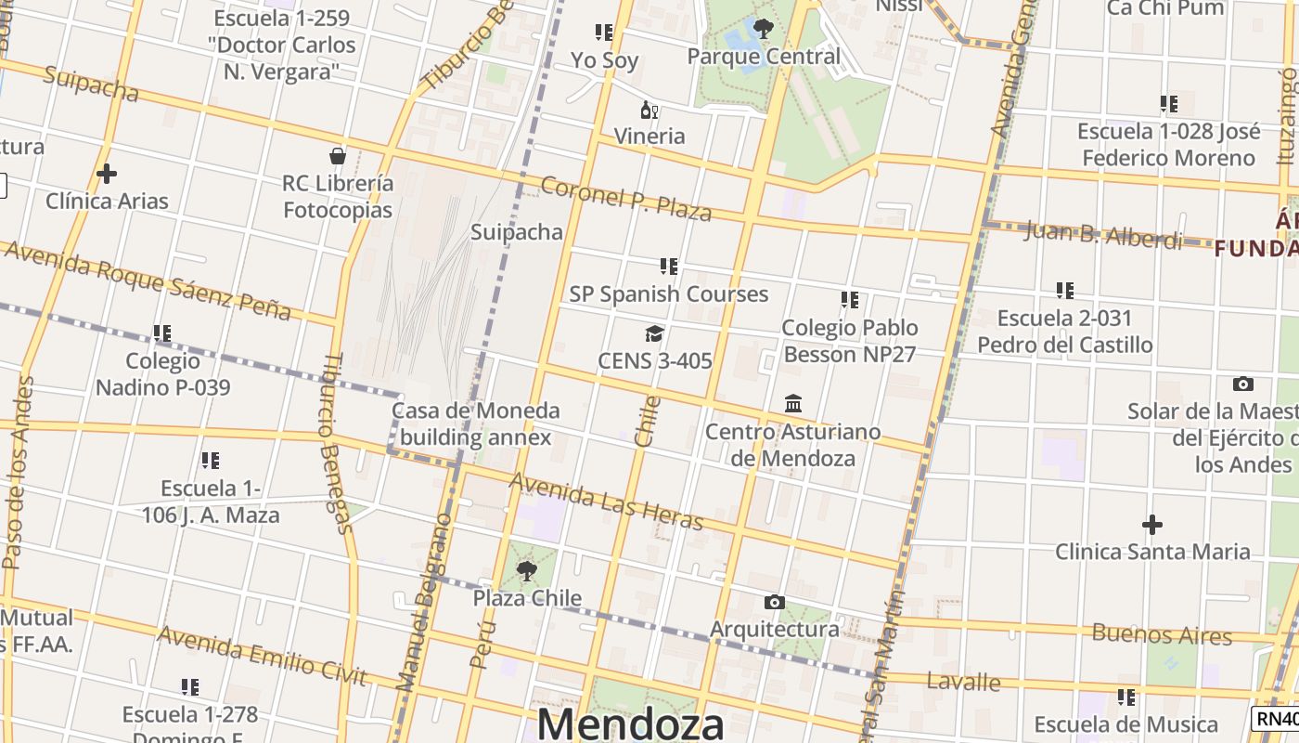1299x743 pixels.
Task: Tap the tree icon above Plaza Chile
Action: point(527,571)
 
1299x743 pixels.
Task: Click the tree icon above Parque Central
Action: point(764,29)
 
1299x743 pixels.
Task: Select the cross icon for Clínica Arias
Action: point(107,174)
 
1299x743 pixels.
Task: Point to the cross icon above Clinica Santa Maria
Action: point(1152,525)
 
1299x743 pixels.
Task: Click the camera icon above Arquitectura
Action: point(774,603)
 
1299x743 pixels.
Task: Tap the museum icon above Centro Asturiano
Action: point(793,404)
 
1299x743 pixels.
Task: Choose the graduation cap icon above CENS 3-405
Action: point(655,333)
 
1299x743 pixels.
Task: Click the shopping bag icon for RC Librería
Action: point(338,156)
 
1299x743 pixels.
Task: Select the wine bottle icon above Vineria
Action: point(649,110)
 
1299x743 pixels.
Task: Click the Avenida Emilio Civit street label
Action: point(262,655)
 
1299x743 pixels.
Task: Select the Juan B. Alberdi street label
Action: point(1103,234)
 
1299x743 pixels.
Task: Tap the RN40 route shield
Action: point(1278,718)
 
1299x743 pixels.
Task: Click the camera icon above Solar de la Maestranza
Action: point(1243,384)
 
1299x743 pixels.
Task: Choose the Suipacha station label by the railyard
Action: point(517,231)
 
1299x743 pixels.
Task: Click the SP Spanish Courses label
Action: point(669,294)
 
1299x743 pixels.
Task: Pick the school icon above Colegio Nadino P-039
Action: point(162,332)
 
